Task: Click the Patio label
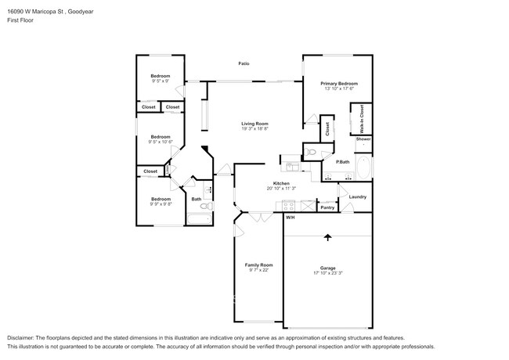(244, 63)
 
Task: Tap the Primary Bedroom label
(338, 83)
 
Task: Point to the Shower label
(363, 139)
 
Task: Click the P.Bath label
(342, 162)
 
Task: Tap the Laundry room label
(358, 196)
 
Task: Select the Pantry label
(328, 207)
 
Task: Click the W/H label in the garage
(290, 217)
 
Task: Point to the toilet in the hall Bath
(209, 190)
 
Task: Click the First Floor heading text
(21, 20)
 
